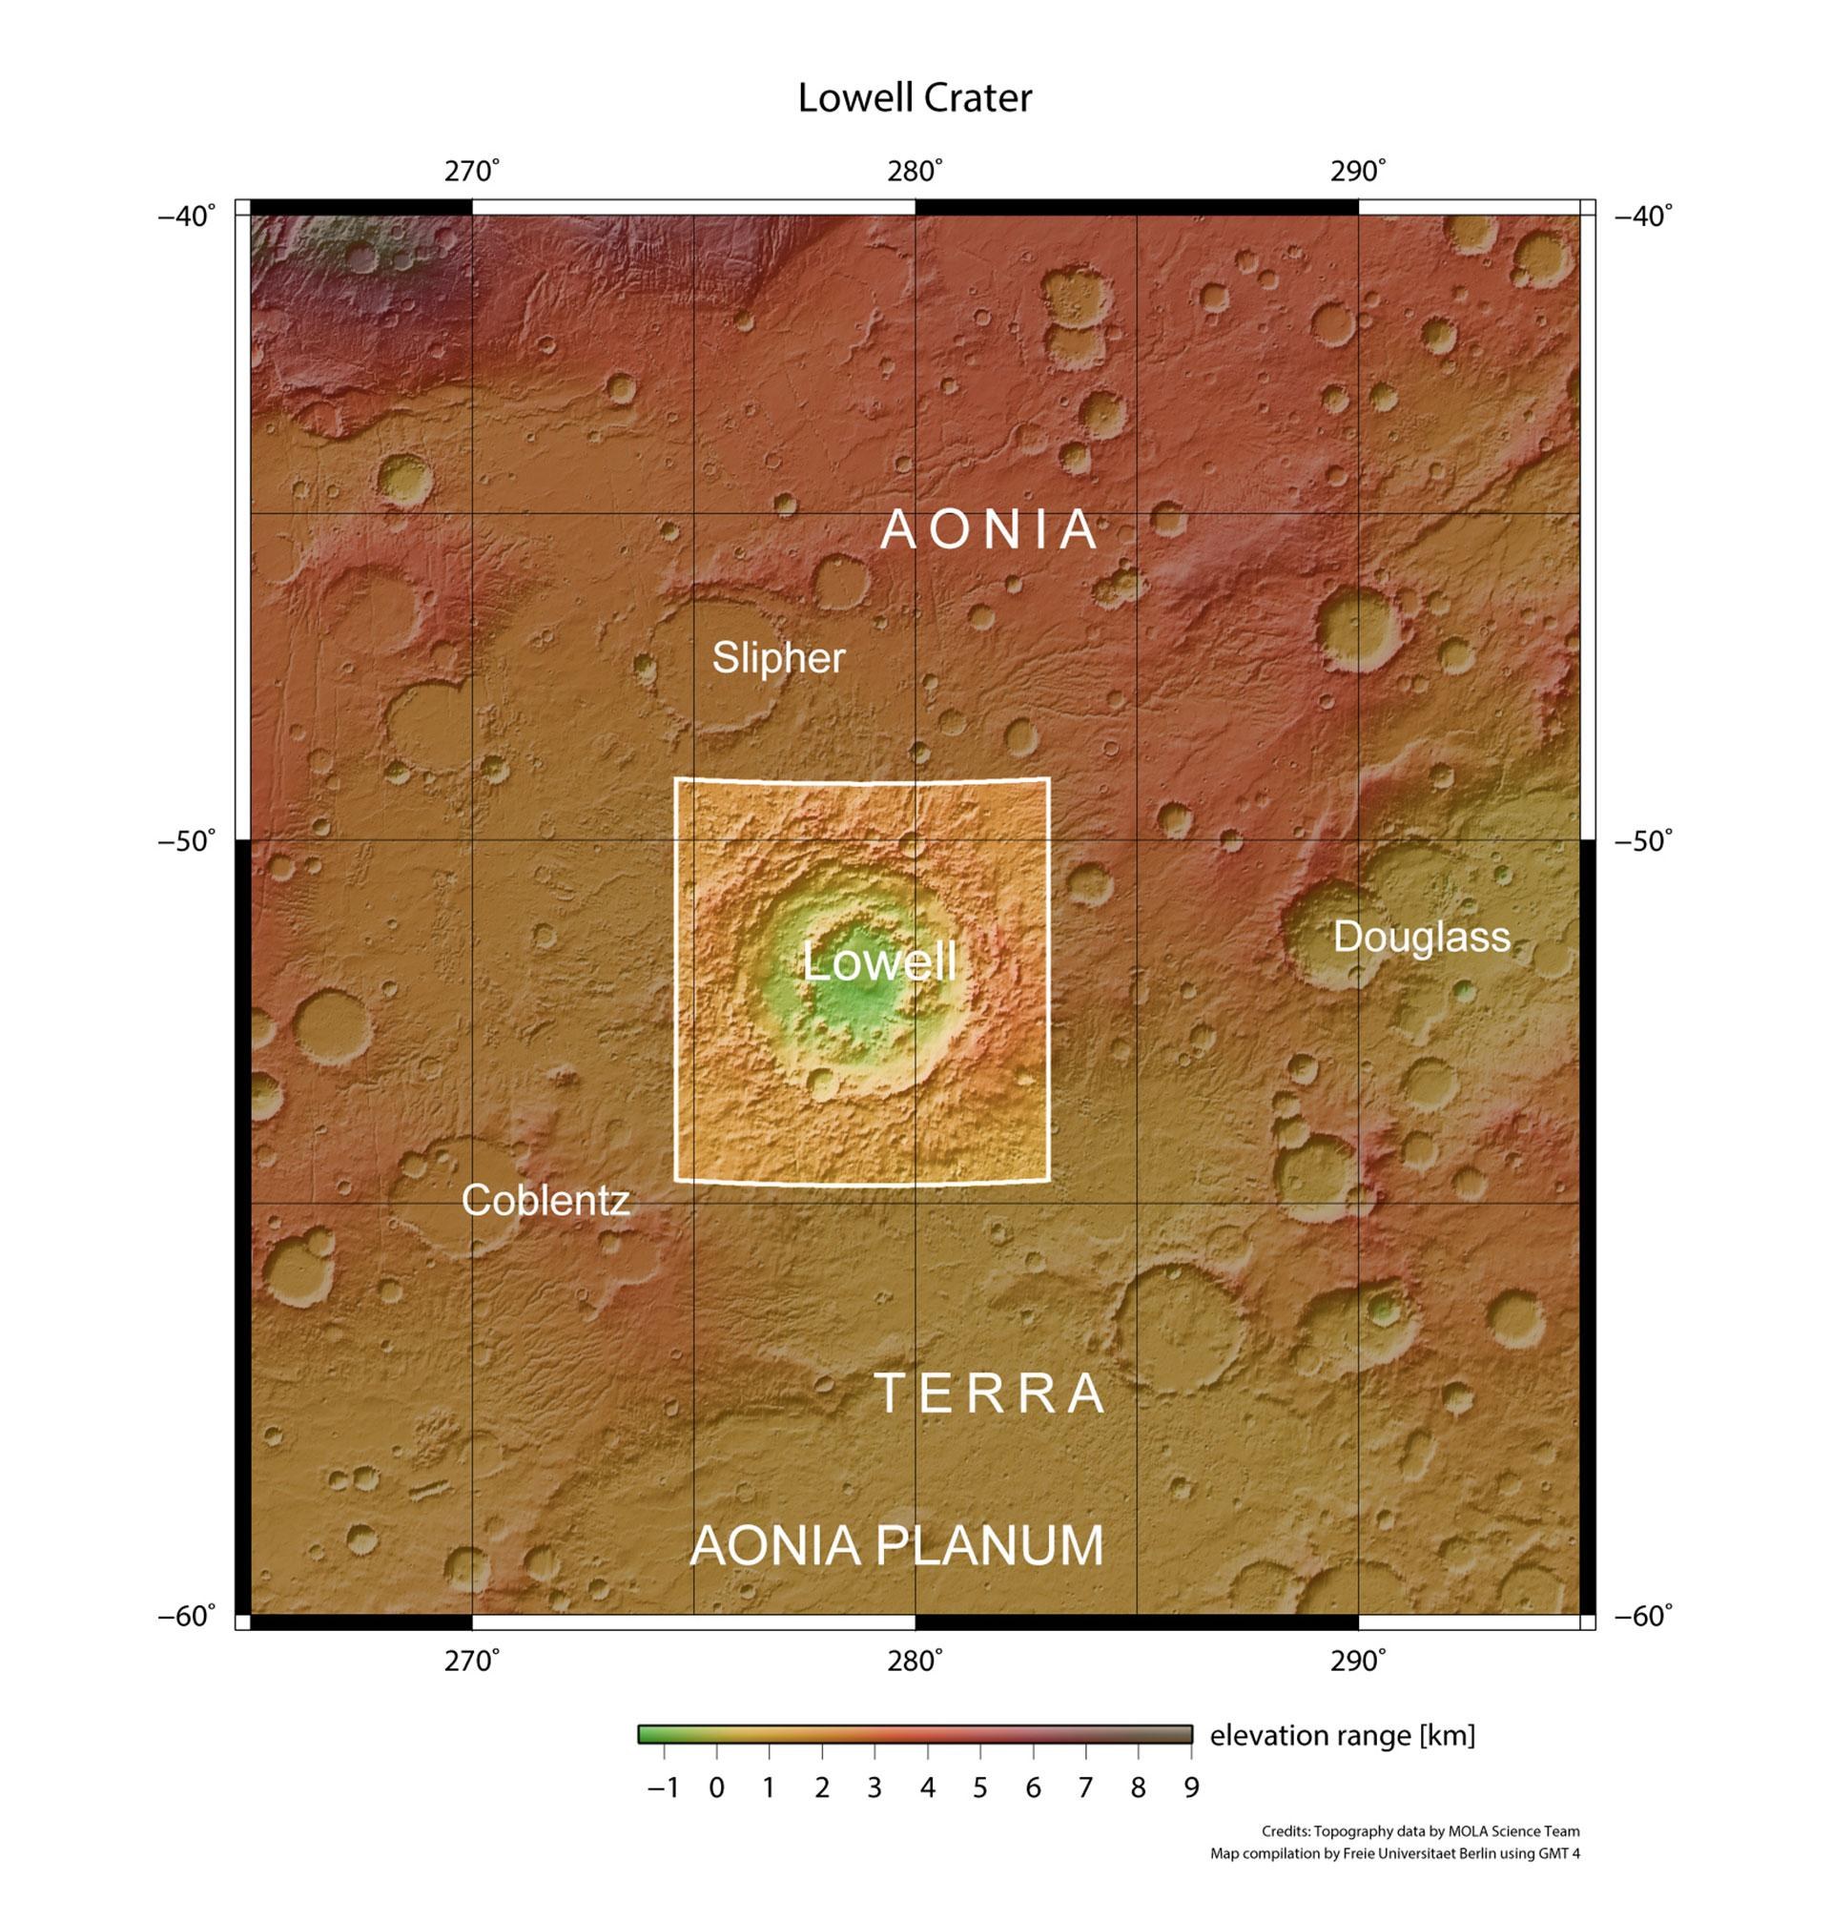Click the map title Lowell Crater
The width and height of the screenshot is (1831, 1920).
click(915, 98)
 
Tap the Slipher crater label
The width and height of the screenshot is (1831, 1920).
click(778, 658)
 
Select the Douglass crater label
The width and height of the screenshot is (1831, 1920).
click(1421, 937)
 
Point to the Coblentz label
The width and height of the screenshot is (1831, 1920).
click(545, 1200)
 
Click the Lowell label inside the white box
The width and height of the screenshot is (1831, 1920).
click(878, 962)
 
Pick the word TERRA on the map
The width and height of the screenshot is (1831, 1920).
click(990, 1393)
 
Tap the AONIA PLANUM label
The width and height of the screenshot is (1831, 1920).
click(896, 1546)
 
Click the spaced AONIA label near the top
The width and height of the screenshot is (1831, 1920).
click(990, 530)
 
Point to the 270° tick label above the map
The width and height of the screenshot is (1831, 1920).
click(472, 172)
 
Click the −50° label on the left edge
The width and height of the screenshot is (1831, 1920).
click(186, 840)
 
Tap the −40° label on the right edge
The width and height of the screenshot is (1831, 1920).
click(1643, 215)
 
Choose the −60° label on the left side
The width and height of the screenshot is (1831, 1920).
click(186, 1617)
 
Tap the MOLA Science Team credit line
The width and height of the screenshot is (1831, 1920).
click(1420, 1831)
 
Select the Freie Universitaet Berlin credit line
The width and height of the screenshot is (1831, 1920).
click(1395, 1853)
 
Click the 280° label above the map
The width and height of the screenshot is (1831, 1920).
click(915, 172)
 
